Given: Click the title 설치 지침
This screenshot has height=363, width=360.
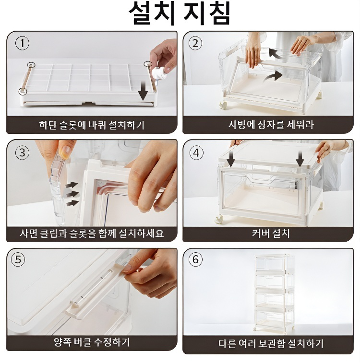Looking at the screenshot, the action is pos(180,13).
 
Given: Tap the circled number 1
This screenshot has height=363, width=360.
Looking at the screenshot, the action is pos(22,43).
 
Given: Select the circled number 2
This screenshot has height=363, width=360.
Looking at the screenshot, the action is pos(195,43).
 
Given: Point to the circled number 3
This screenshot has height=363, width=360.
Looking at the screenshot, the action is pos(22,153).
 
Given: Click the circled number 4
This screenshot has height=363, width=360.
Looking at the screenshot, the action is pos(196,153).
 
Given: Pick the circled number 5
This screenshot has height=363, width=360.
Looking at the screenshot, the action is pos(18,259).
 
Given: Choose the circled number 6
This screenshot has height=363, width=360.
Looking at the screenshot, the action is pos(195,259).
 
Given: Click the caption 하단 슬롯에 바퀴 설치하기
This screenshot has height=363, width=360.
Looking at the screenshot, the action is pos(92,125).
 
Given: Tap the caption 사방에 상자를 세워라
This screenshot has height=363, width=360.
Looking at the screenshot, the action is pos(271,125).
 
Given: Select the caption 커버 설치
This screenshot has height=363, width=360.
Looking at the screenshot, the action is pos(271,233).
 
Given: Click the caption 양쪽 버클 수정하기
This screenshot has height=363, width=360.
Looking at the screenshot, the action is pos(92,342).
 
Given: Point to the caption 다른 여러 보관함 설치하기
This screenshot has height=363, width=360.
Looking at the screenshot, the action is pos(271,343).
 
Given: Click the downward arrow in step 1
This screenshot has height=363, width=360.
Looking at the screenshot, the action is pos(143,92).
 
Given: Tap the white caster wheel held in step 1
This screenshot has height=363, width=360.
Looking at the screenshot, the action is pos(159,73).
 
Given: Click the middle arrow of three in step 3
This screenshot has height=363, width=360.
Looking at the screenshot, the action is pos(72,194).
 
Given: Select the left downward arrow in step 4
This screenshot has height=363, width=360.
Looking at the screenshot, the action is pos(231,159).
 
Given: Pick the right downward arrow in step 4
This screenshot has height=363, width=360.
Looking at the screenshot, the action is pos(300,159).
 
